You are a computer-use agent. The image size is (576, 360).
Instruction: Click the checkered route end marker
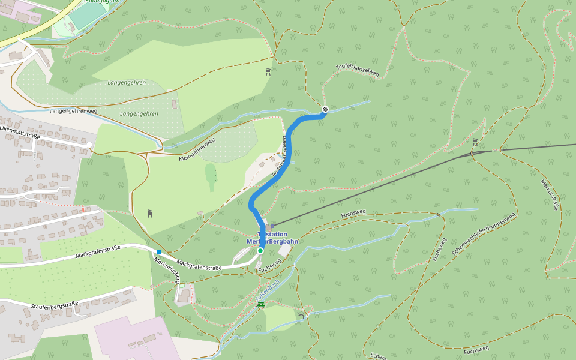(325, 109)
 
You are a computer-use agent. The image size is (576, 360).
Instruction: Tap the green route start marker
(260, 250)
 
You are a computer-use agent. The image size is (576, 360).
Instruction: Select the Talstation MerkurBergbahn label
(272, 238)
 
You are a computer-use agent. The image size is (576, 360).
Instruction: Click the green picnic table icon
(261, 306)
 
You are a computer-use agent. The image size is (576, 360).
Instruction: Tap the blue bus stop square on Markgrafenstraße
(159, 252)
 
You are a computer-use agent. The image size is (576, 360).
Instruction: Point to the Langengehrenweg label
(73, 111)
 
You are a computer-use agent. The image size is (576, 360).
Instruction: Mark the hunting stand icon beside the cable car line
(475, 142)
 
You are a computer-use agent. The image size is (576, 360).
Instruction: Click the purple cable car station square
(272, 226)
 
